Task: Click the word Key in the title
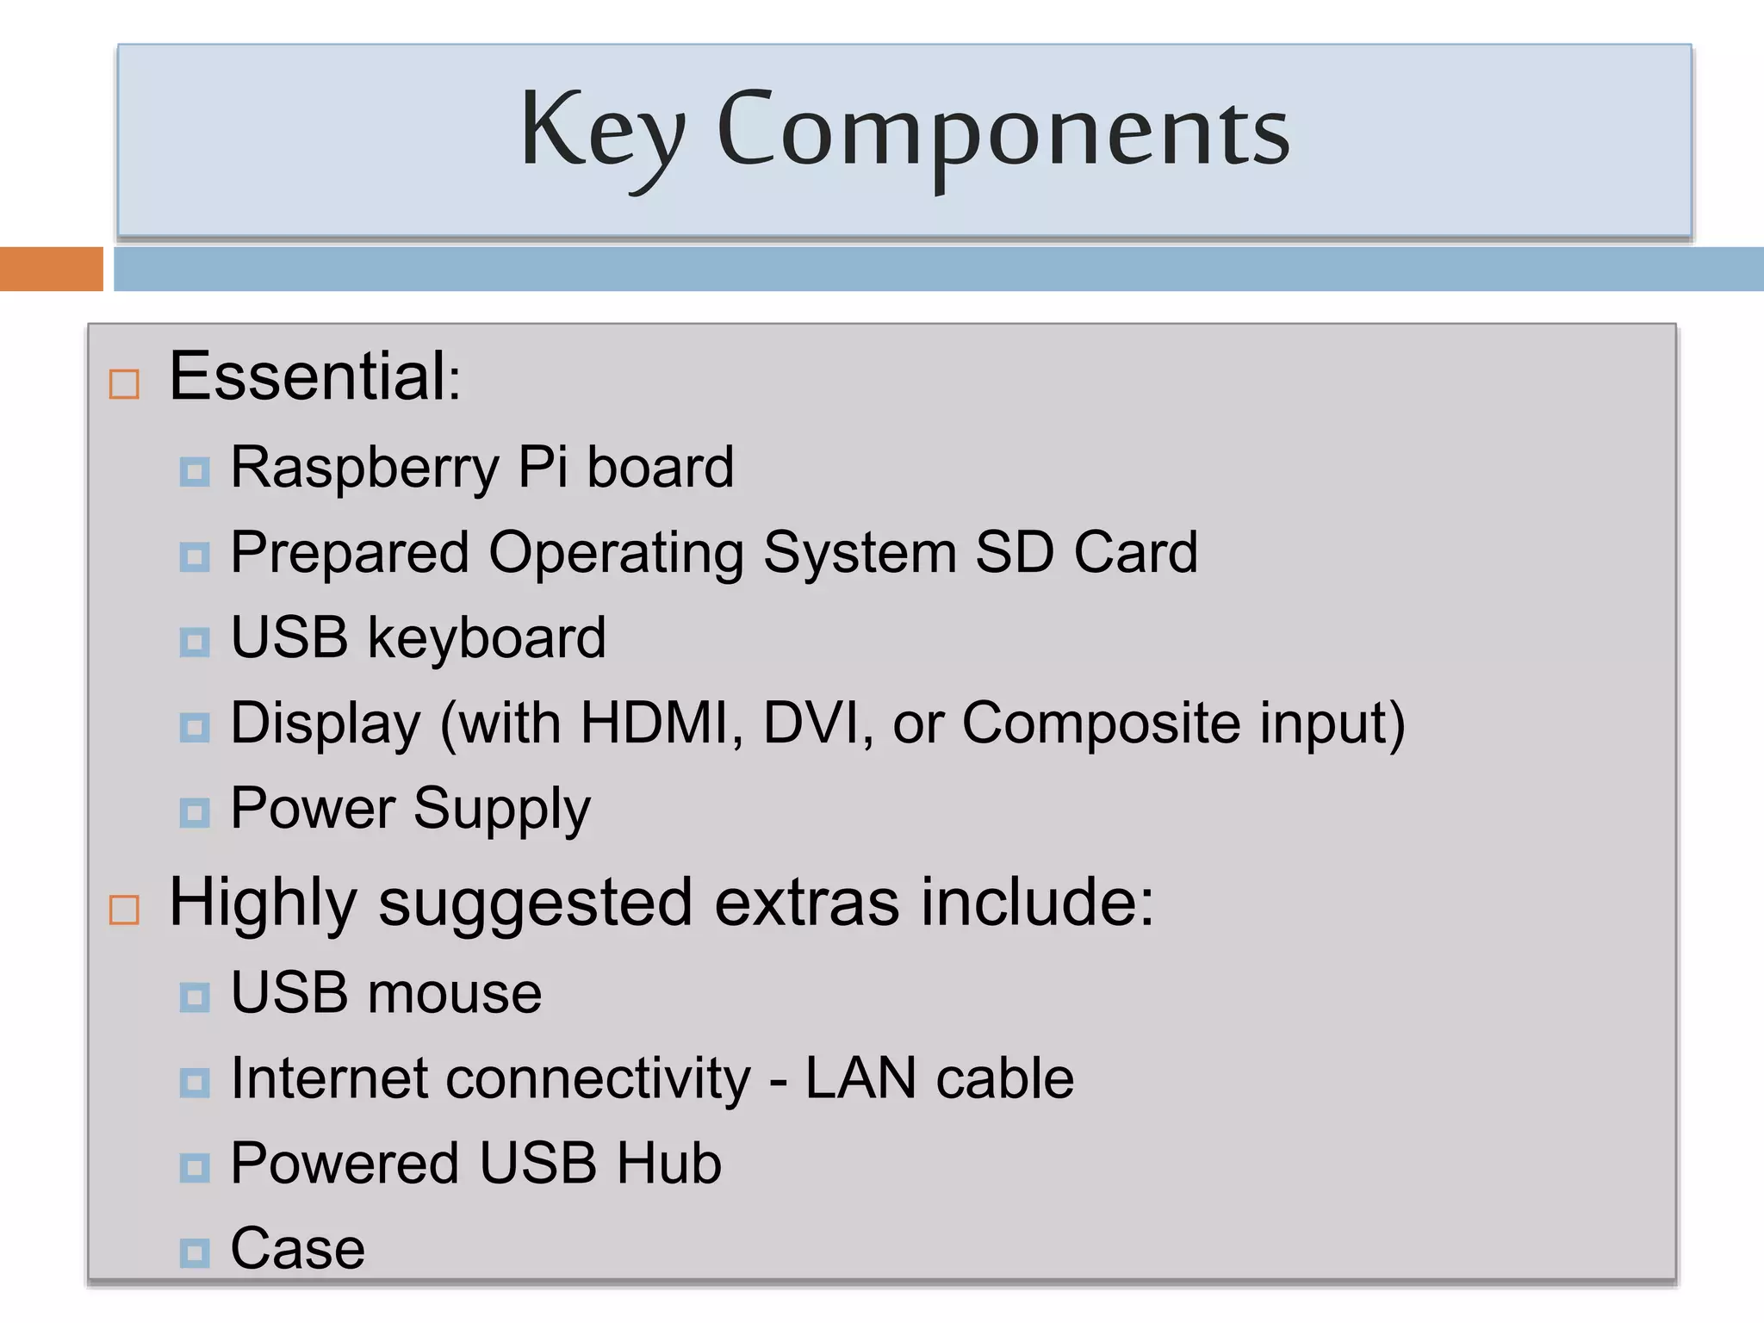point(603,131)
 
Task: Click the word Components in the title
point(1003,131)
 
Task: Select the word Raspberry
point(364,468)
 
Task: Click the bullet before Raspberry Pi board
point(195,472)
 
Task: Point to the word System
point(860,552)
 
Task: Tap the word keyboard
point(487,638)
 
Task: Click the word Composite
point(1101,723)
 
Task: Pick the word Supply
point(502,810)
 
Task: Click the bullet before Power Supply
point(195,812)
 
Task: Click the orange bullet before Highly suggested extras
point(124,910)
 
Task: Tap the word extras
point(807,903)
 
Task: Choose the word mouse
point(455,993)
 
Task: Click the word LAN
point(860,1078)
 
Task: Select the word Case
point(298,1248)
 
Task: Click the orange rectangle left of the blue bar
point(51,269)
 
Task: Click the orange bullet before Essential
point(124,384)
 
